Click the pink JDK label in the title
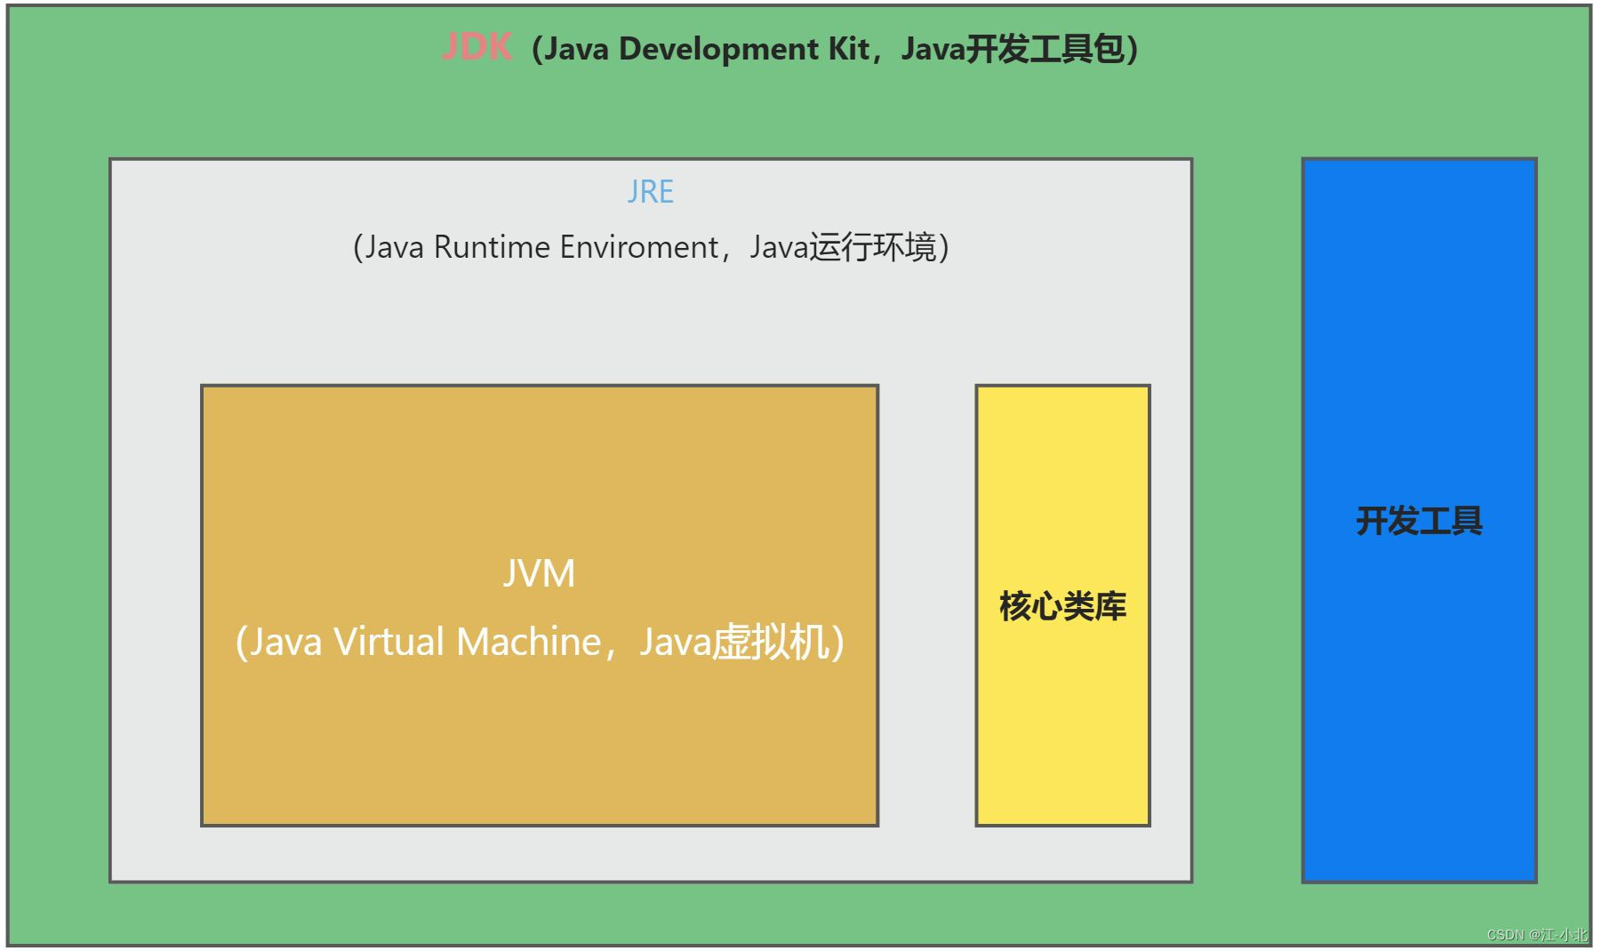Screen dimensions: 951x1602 click(x=477, y=47)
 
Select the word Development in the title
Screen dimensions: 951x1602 click(x=718, y=49)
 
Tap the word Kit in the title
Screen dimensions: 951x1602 click(x=848, y=49)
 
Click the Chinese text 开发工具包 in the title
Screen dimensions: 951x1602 click(x=1045, y=49)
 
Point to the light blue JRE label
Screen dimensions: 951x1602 click(x=651, y=192)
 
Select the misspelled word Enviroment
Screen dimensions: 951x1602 click(x=638, y=247)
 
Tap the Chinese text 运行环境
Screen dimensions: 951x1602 click(x=872, y=247)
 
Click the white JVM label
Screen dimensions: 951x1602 click(x=539, y=573)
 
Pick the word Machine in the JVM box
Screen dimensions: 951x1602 click(x=529, y=642)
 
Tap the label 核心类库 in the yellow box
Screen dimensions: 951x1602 click(x=1062, y=606)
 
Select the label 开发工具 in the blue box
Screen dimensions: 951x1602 click(x=1419, y=521)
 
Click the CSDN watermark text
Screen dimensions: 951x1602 click(x=1537, y=935)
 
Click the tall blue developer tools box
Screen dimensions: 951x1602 click(x=1419, y=711)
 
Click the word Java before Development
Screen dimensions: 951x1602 click(x=576, y=49)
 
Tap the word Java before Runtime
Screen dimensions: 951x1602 click(x=394, y=247)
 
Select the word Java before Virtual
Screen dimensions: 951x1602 click(x=284, y=642)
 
